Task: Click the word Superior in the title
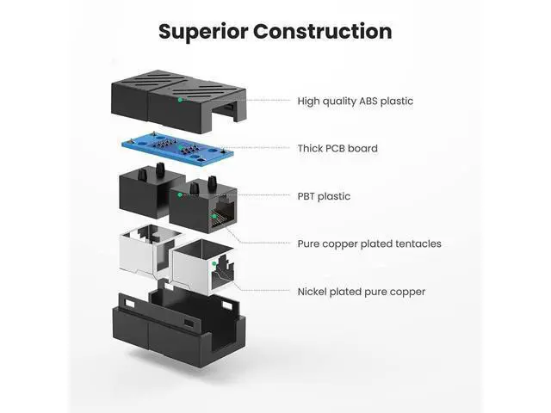pos(203,32)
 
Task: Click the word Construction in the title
pos(323,31)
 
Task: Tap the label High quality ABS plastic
pos(356,102)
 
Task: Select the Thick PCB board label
pos(337,148)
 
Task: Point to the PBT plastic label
pos(324,196)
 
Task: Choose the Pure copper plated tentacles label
pos(369,243)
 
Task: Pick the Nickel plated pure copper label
pos(362,292)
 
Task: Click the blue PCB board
pos(177,150)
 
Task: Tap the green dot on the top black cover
pos(180,100)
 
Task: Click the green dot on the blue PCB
pos(181,148)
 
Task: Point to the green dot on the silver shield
pos(214,263)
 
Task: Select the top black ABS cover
pos(179,101)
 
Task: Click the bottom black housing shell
pos(179,329)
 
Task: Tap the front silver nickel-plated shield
pos(204,268)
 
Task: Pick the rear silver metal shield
pos(149,250)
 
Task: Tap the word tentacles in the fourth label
pos(418,243)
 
